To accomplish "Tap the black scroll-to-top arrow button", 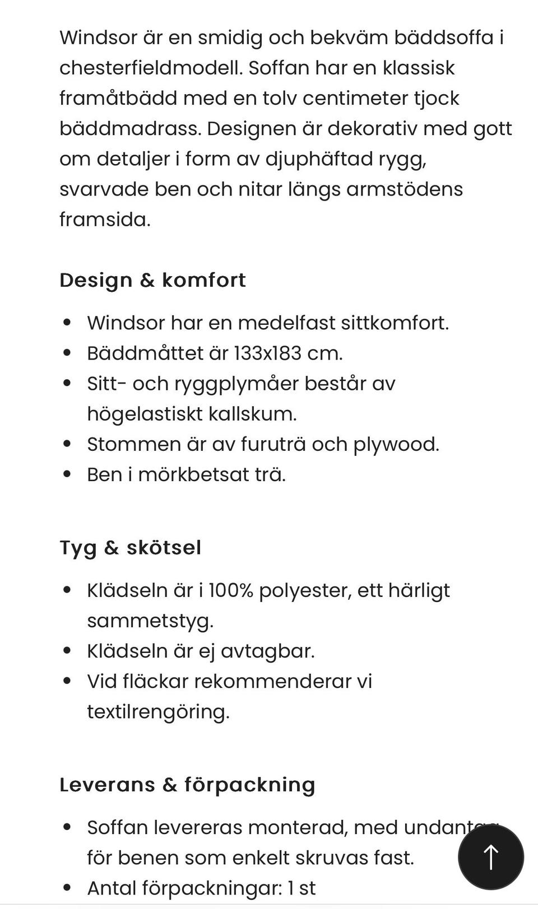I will click(x=491, y=856).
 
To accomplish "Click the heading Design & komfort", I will click(x=152, y=279).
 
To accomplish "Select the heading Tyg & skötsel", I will click(x=130, y=547).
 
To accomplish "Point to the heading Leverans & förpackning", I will click(x=187, y=784).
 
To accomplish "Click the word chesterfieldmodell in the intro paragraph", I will click(x=151, y=68).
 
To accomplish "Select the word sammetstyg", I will click(x=150, y=621).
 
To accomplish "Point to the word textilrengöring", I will click(x=158, y=711).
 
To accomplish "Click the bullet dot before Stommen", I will click(x=67, y=444).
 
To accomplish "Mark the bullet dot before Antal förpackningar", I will click(x=67, y=887).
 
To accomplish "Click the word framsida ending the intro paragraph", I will click(x=105, y=219).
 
